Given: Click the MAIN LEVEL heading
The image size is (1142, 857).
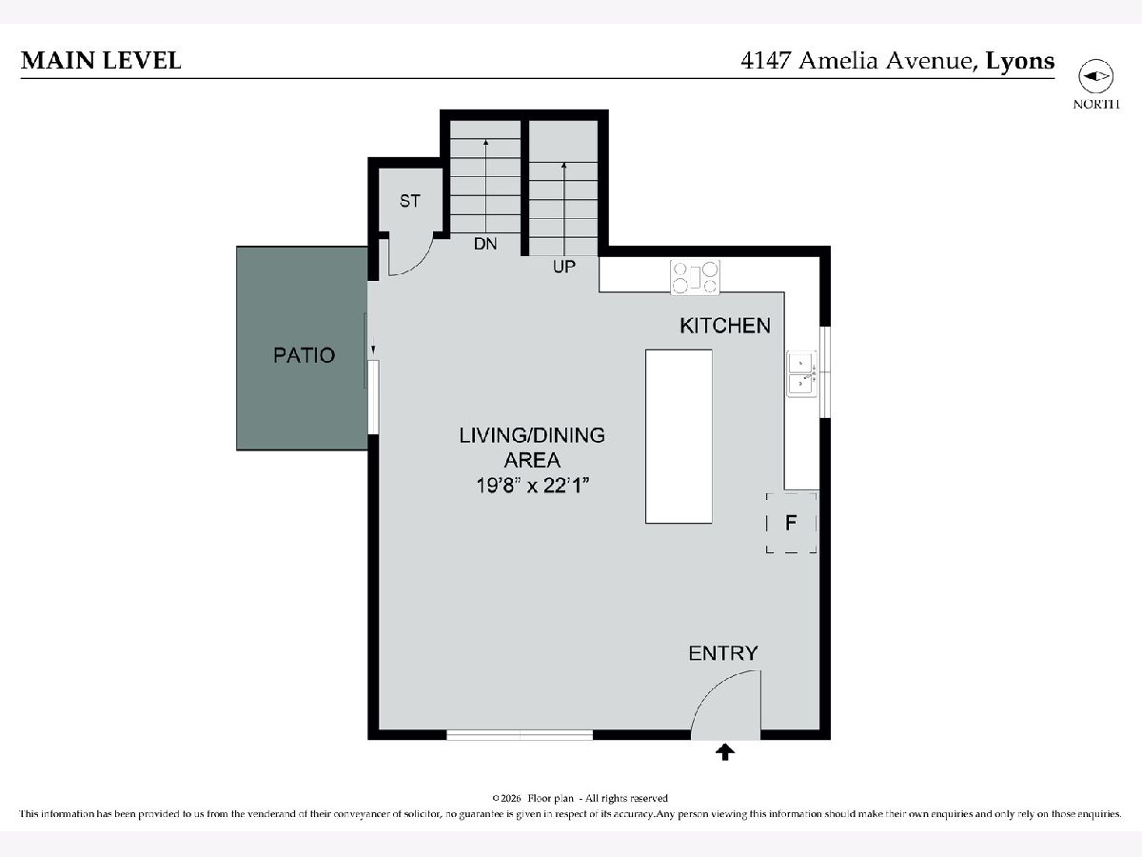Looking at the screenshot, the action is point(101,61).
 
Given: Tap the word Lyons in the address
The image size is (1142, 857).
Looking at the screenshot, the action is point(1020,61).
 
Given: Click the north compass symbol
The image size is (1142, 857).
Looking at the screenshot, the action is point(1095,76).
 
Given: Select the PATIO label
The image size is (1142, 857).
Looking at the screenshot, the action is point(304,355).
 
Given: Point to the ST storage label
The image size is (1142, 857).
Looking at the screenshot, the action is point(409,201).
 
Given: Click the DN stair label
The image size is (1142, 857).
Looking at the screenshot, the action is point(485,244).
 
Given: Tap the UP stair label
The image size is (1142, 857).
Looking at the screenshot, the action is point(564,267).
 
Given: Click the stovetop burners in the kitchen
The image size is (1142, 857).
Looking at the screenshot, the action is point(695,278).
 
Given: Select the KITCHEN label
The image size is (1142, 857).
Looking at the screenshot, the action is point(725,326).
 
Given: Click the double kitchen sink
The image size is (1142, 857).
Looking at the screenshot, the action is point(801,374).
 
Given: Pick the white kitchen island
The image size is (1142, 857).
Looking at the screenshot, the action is point(679,436).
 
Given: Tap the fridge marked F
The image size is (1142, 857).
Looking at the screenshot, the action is point(792,523).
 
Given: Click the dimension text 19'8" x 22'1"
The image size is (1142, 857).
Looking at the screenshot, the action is point(532,486).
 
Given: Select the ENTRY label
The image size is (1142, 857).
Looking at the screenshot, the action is point(723,653).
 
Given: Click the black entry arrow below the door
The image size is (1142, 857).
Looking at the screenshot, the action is point(725,752).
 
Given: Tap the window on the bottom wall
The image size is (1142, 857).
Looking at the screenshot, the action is point(520,735).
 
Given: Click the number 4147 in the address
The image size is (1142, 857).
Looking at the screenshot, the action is point(765,61).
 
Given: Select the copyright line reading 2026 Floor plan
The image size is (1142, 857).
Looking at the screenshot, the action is point(581,798).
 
